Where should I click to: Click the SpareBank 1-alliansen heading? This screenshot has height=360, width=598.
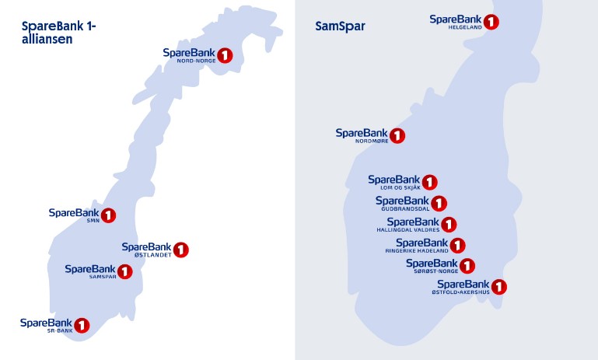coord(59,32)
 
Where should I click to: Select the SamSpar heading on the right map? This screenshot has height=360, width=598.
coord(340,26)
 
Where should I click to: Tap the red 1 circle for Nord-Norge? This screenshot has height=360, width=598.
coord(225,55)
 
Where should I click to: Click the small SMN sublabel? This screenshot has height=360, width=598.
coord(92,220)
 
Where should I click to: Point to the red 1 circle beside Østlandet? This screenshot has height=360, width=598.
coord(181,250)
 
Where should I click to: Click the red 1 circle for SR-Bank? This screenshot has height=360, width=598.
coord(81,325)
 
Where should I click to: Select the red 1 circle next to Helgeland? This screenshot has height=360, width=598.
coord(491,22)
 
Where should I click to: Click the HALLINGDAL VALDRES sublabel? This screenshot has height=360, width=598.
coord(408,230)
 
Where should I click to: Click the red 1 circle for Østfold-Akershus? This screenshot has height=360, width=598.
coord(499,287)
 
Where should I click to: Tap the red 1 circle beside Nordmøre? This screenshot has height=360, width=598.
coord(397,136)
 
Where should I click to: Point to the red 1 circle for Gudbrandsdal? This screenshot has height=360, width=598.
coord(439,204)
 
